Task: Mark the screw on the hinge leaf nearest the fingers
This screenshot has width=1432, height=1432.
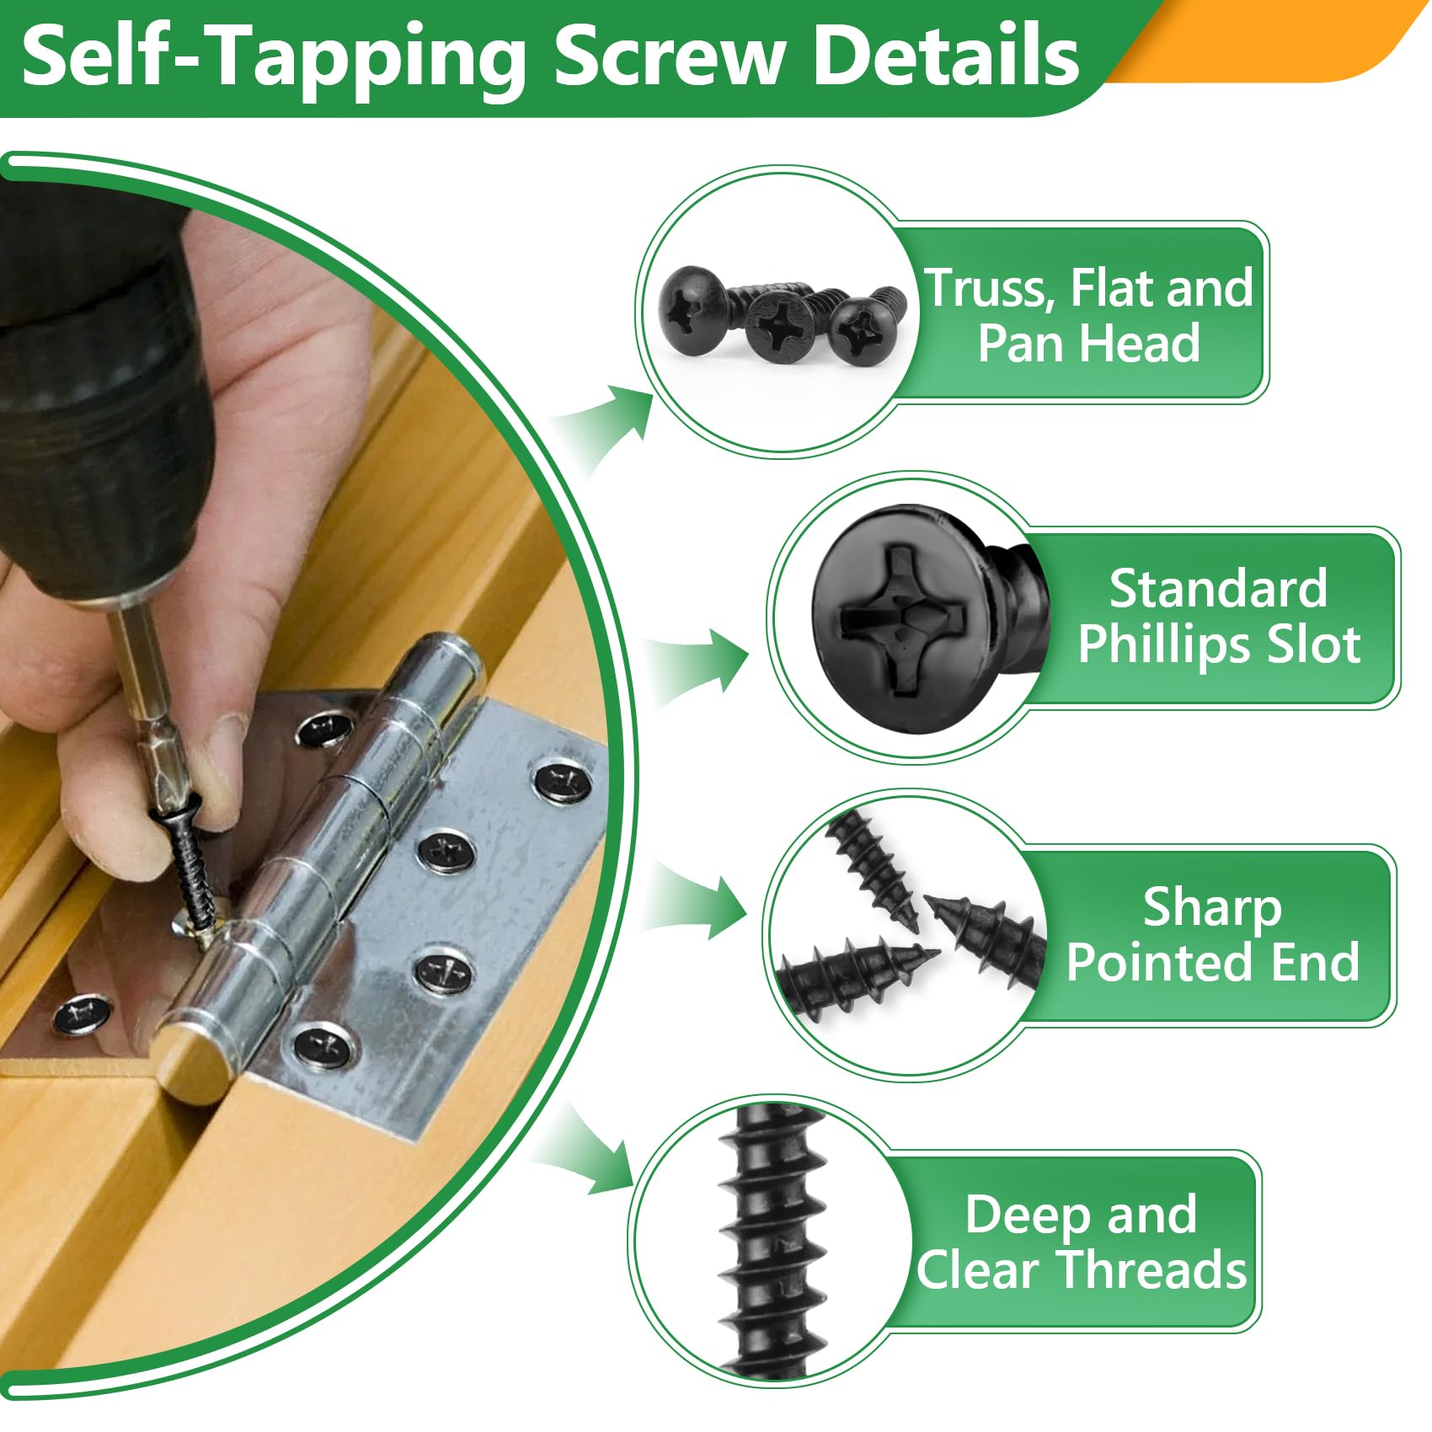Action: coord(323,729)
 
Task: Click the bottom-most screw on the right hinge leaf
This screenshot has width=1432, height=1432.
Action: coord(323,1047)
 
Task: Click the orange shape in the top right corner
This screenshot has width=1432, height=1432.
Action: coord(1280,42)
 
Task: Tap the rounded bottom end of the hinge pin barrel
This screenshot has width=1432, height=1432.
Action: coord(190,1066)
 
